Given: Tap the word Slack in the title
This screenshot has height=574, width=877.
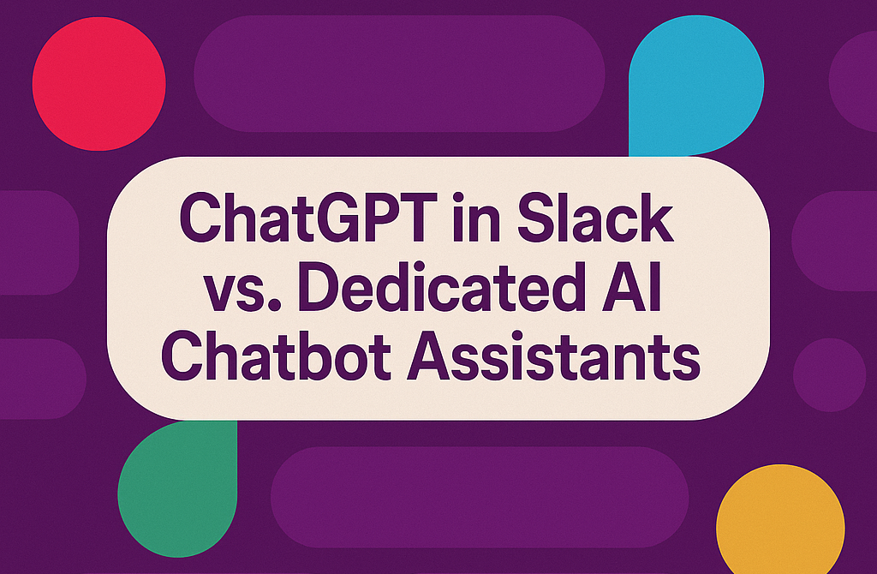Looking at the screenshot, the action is (x=596, y=217).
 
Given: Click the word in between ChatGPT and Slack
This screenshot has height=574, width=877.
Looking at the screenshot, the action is (x=478, y=217).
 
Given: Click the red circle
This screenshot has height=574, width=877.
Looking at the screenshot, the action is (x=99, y=84).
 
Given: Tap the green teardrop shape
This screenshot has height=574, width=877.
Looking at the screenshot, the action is (x=177, y=488).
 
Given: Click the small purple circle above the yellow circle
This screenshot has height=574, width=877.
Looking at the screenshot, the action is (x=829, y=375).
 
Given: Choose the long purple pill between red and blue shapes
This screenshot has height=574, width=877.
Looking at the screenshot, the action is (x=399, y=74).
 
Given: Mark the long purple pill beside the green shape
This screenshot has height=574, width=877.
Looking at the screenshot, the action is (x=480, y=497).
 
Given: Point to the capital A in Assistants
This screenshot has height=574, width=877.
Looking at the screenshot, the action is (x=429, y=355).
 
